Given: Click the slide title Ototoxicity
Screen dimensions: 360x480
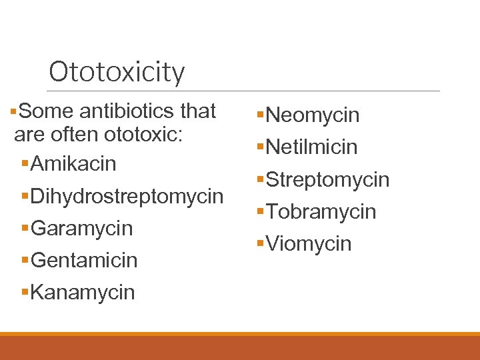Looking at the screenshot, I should (117, 72).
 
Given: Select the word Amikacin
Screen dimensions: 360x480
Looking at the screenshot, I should (73, 163).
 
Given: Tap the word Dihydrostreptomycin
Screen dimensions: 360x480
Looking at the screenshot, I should (127, 196).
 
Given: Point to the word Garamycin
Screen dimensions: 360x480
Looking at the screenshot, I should (81, 228).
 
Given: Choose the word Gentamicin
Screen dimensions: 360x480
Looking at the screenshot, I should (84, 260).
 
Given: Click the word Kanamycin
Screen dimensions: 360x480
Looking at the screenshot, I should (83, 292).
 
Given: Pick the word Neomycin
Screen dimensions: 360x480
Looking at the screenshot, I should (313, 115).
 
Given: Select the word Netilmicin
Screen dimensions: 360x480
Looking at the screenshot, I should (312, 147).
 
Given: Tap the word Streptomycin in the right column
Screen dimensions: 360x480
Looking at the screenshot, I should (327, 179).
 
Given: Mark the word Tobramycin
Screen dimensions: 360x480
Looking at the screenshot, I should (321, 211).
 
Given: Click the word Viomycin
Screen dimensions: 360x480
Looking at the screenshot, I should (309, 243).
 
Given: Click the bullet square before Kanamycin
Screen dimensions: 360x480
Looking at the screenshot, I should (25, 293).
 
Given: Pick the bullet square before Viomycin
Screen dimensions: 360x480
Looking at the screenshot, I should (261, 244).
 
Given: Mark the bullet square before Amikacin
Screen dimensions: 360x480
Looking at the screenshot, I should (25, 164).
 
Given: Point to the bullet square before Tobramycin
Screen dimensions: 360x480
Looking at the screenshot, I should (261, 212).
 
